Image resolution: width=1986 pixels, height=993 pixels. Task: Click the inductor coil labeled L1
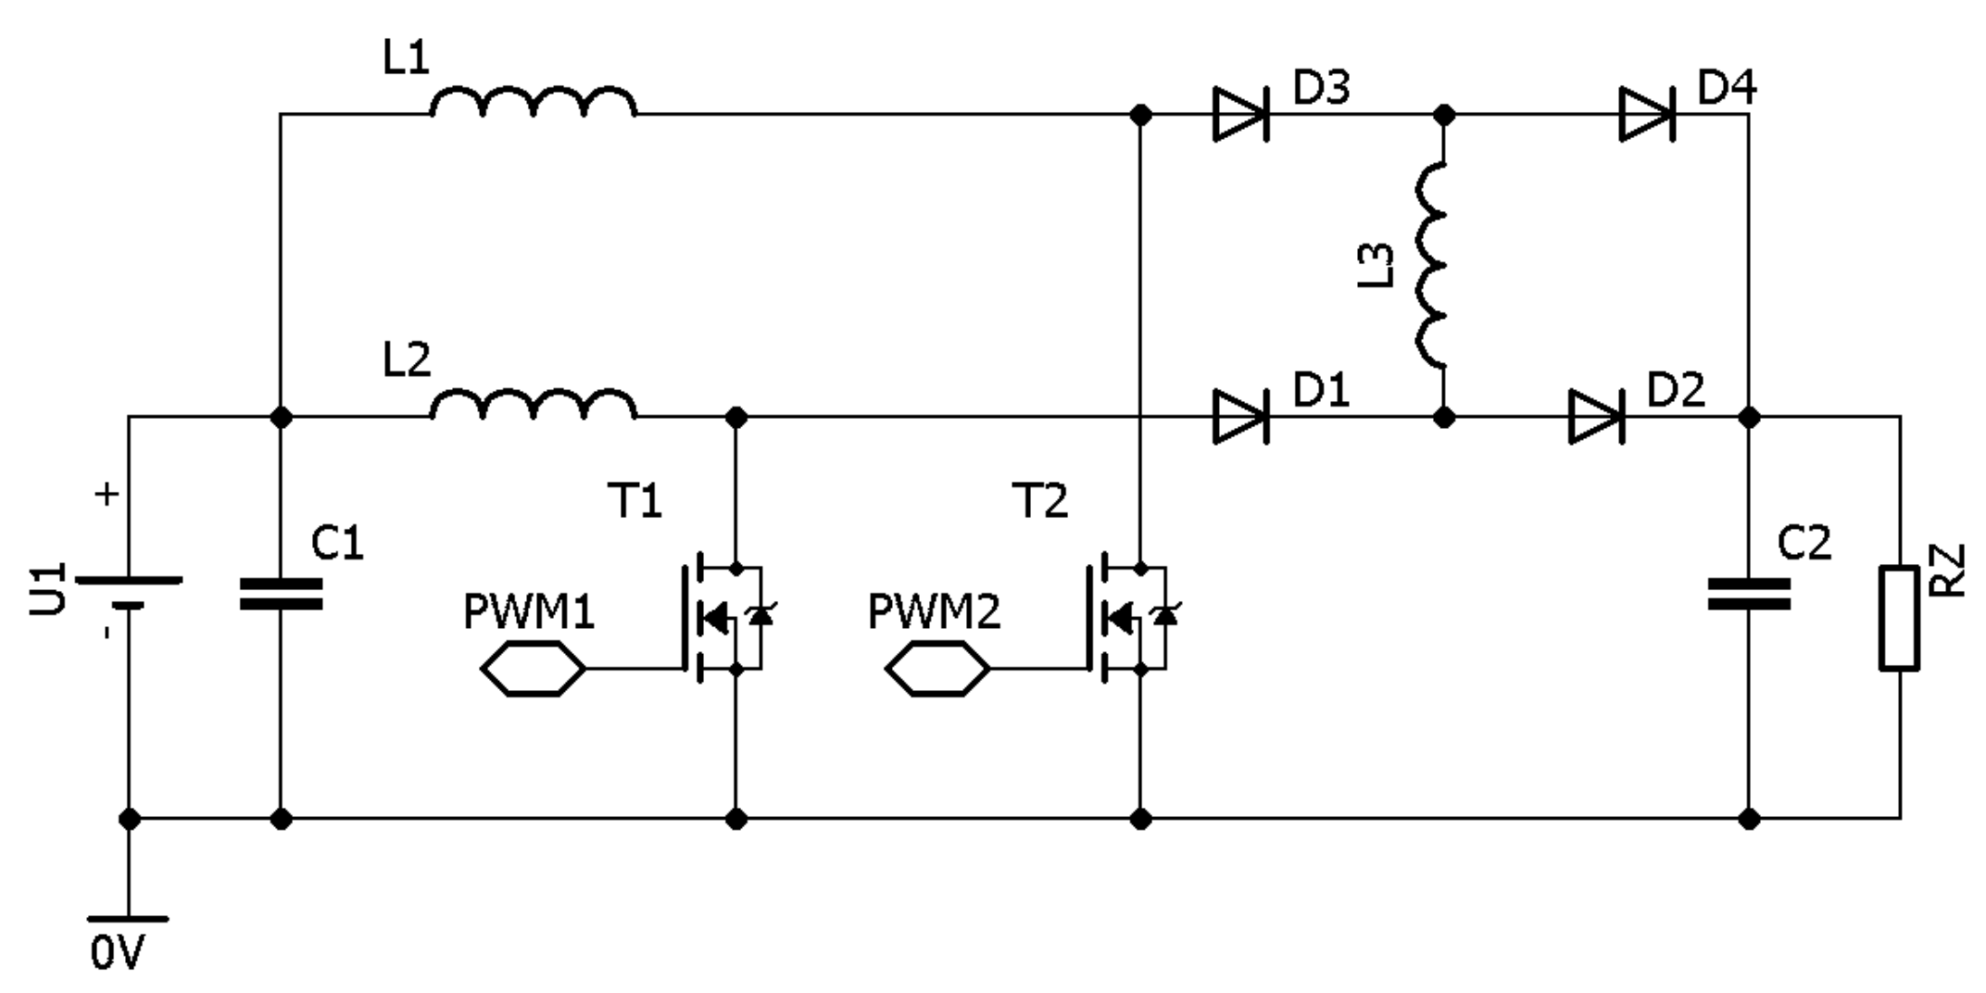click(533, 103)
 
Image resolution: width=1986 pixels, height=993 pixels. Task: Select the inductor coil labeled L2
click(533, 405)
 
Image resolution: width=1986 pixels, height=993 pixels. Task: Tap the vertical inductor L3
click(1431, 265)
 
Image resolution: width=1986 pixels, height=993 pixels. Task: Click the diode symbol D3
click(1240, 115)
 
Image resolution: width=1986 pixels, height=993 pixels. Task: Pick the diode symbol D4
click(1646, 115)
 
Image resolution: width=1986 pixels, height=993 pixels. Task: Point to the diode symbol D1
click(1240, 417)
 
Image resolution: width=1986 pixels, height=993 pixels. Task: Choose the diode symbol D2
click(1595, 417)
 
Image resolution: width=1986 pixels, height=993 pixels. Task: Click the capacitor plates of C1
click(281, 594)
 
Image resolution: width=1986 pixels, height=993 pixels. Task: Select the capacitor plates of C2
click(1748, 594)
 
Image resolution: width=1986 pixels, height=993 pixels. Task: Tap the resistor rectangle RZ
click(1899, 618)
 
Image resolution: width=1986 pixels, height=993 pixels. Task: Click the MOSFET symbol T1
click(723, 617)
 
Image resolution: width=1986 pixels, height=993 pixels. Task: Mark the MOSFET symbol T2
click(1128, 617)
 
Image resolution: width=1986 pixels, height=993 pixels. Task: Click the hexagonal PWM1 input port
click(533, 668)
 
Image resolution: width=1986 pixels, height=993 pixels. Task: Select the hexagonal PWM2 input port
click(936, 668)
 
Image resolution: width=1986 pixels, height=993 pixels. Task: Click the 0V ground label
click(118, 952)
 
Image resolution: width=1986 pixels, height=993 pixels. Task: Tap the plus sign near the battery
click(107, 495)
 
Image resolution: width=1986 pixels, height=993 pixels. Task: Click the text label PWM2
click(934, 612)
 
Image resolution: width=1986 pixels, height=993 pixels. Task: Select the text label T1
click(635, 501)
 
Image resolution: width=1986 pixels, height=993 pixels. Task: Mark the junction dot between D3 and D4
click(1443, 115)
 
